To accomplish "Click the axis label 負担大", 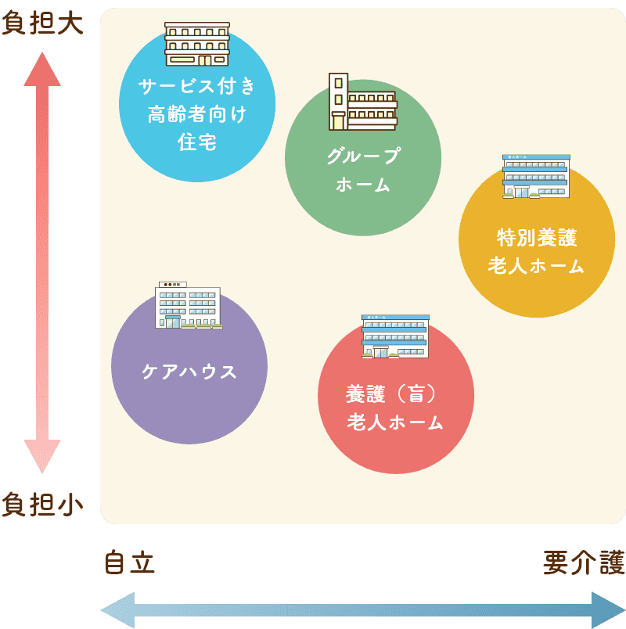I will pos(42,23).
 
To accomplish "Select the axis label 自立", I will pos(130,563).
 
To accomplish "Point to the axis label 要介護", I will pos(584,563).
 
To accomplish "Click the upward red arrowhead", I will pos(42,71).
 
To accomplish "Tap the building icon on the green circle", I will pos(362,102).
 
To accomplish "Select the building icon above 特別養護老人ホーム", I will pos(536,176).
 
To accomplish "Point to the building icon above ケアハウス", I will pos(188,305).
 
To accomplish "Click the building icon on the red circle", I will pos(395,336).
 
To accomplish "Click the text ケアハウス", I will pos(189,372).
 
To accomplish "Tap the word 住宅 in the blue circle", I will pos(197,142).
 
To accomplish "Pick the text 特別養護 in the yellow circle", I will pos(537,237).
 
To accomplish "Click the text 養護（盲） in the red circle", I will pos(396,394).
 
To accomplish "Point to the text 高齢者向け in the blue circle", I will pos(197,115).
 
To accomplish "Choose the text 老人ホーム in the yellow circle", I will pos(537,266).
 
